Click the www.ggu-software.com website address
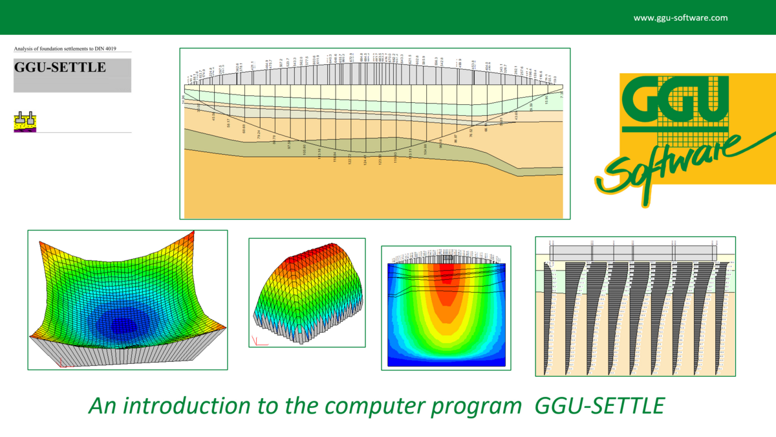(x=680, y=18)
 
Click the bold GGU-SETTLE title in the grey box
(x=59, y=67)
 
